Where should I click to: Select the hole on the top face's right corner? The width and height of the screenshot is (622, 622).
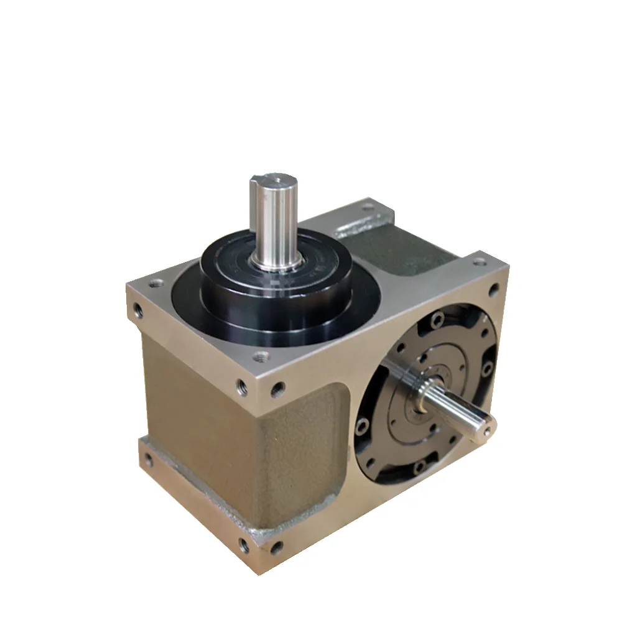[x=494, y=288]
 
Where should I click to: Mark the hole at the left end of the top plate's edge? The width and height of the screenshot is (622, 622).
[x=136, y=307]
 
